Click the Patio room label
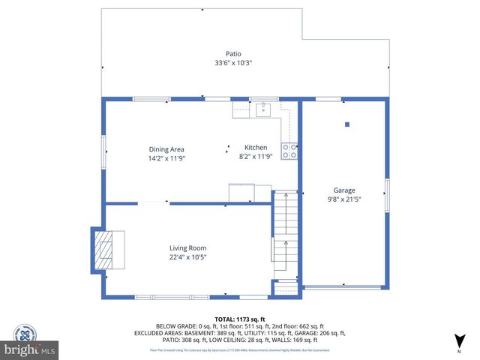point(234,53)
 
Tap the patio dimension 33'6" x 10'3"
point(234,63)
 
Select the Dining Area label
point(166,148)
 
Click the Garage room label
point(344,190)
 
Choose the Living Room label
point(187,248)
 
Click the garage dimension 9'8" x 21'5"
point(344,200)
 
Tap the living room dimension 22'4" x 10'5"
point(187,258)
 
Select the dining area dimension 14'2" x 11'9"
point(166,158)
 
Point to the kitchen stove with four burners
point(289,151)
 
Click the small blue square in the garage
point(346,124)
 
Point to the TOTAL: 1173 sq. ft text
point(239,319)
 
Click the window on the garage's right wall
point(387,194)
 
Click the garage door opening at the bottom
point(344,288)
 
